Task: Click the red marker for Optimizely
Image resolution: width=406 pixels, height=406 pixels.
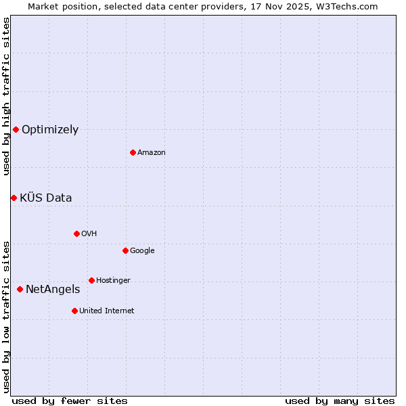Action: click(x=16, y=129)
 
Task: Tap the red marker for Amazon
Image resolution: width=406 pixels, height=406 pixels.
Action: click(x=133, y=152)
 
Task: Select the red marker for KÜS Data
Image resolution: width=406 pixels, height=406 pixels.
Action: click(x=14, y=198)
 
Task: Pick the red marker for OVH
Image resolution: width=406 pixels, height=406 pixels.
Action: click(x=76, y=233)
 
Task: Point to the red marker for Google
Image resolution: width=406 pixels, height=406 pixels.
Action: click(x=125, y=250)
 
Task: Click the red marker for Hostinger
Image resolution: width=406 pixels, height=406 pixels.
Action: click(x=91, y=280)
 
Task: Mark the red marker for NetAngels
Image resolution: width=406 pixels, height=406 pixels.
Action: click(x=20, y=289)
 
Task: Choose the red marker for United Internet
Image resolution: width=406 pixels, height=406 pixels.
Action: click(x=74, y=311)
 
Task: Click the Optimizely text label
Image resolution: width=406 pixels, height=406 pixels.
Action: click(x=50, y=130)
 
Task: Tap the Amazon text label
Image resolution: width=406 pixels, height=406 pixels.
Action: click(x=151, y=153)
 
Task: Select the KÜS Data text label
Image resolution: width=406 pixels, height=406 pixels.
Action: click(x=46, y=198)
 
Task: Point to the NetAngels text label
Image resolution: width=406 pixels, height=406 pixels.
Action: click(x=53, y=290)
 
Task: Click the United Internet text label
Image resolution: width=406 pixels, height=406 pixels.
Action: click(x=106, y=311)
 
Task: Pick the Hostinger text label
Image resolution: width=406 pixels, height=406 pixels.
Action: click(x=113, y=281)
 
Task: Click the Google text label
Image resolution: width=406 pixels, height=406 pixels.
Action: click(x=142, y=251)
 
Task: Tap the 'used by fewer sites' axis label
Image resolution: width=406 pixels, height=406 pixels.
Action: click(x=70, y=401)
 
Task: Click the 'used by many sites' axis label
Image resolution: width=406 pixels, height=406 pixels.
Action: click(x=339, y=401)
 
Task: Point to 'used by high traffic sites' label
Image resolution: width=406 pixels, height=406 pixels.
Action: click(x=6, y=96)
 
